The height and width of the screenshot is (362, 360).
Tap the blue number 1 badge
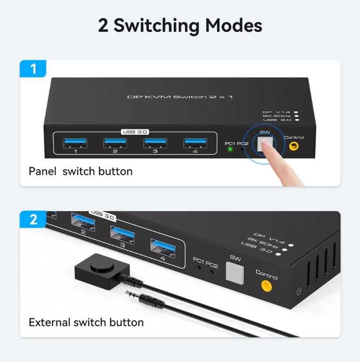tap(34, 68)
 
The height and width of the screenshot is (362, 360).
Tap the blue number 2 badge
tap(34, 219)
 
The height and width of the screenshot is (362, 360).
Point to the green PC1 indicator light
tap(229, 149)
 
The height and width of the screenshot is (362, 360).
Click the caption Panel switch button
tap(81, 171)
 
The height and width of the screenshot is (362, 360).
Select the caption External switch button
tap(86, 322)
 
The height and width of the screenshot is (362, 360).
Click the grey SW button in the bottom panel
tap(235, 272)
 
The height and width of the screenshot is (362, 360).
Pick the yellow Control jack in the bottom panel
tap(266, 285)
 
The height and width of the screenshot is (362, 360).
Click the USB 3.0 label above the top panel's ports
tap(135, 132)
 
